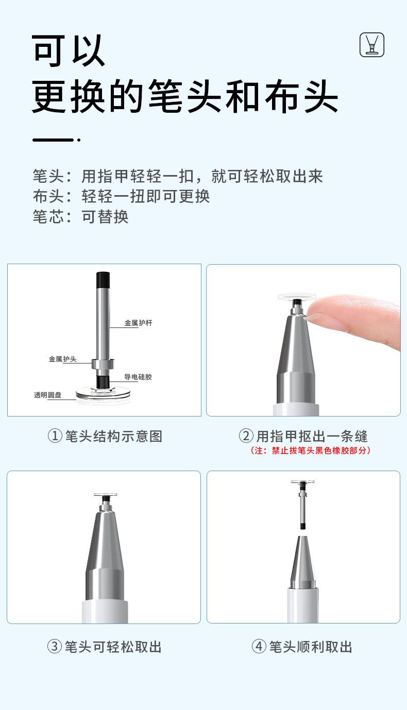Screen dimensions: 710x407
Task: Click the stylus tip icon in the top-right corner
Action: click(372, 45)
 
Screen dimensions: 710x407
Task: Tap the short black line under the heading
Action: click(54, 140)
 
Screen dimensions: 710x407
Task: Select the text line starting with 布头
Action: click(121, 196)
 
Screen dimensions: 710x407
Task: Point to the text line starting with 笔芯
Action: click(80, 216)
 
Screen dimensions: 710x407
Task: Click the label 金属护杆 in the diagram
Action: click(139, 323)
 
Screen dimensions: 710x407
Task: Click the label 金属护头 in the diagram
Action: click(63, 359)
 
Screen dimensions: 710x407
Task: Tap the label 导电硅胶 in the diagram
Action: click(138, 377)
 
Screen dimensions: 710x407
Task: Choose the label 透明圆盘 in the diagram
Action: click(48, 395)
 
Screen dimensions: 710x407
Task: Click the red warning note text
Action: click(311, 451)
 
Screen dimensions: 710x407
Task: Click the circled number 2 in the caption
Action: click(246, 437)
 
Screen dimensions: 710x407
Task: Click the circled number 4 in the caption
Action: click(259, 647)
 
